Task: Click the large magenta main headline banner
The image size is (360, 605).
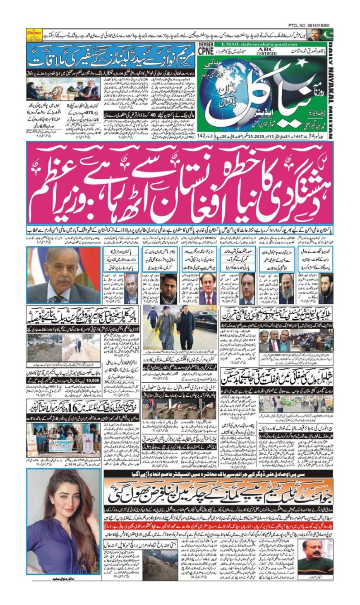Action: click(180, 183)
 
